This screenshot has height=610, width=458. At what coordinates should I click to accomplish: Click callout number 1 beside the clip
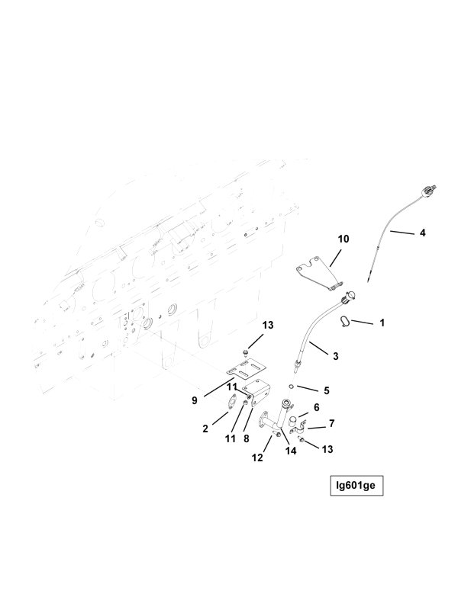pyautogui.click(x=382, y=323)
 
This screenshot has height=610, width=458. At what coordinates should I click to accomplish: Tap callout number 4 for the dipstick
pyautogui.click(x=423, y=233)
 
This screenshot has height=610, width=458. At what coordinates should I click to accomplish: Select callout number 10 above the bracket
pyautogui.click(x=343, y=239)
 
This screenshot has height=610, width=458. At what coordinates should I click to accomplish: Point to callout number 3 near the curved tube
pyautogui.click(x=336, y=356)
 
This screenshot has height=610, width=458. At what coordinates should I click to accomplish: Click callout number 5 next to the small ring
pyautogui.click(x=327, y=390)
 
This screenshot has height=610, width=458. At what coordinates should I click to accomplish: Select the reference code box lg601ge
pyautogui.click(x=356, y=486)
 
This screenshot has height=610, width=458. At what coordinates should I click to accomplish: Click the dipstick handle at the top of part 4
pyautogui.click(x=429, y=192)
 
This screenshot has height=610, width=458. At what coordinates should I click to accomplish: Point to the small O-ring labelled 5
pyautogui.click(x=292, y=387)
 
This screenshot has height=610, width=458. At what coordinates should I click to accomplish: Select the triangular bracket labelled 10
pyautogui.click(x=319, y=273)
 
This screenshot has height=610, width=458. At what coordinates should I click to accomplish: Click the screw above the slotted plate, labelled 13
pyautogui.click(x=244, y=353)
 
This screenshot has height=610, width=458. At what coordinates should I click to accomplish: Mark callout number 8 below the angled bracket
pyautogui.click(x=246, y=439)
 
